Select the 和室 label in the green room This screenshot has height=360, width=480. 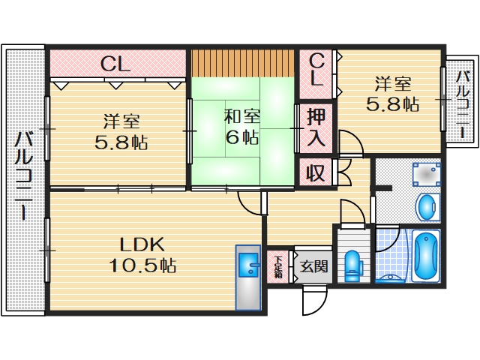[x=241, y=117]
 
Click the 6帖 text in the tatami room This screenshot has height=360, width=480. [x=241, y=137]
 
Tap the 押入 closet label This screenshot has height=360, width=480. [x=316, y=127]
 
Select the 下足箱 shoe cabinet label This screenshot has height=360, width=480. [x=277, y=266]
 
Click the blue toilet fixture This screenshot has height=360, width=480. [x=352, y=265]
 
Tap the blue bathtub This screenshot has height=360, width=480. [x=424, y=256]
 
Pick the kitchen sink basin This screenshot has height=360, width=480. [x=247, y=264]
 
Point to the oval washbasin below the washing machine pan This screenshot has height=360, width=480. [x=427, y=206]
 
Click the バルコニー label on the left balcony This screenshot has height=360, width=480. [x=24, y=176]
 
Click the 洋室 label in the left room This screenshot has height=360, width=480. [x=121, y=121]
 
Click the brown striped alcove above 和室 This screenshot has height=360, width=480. [x=241, y=63]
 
